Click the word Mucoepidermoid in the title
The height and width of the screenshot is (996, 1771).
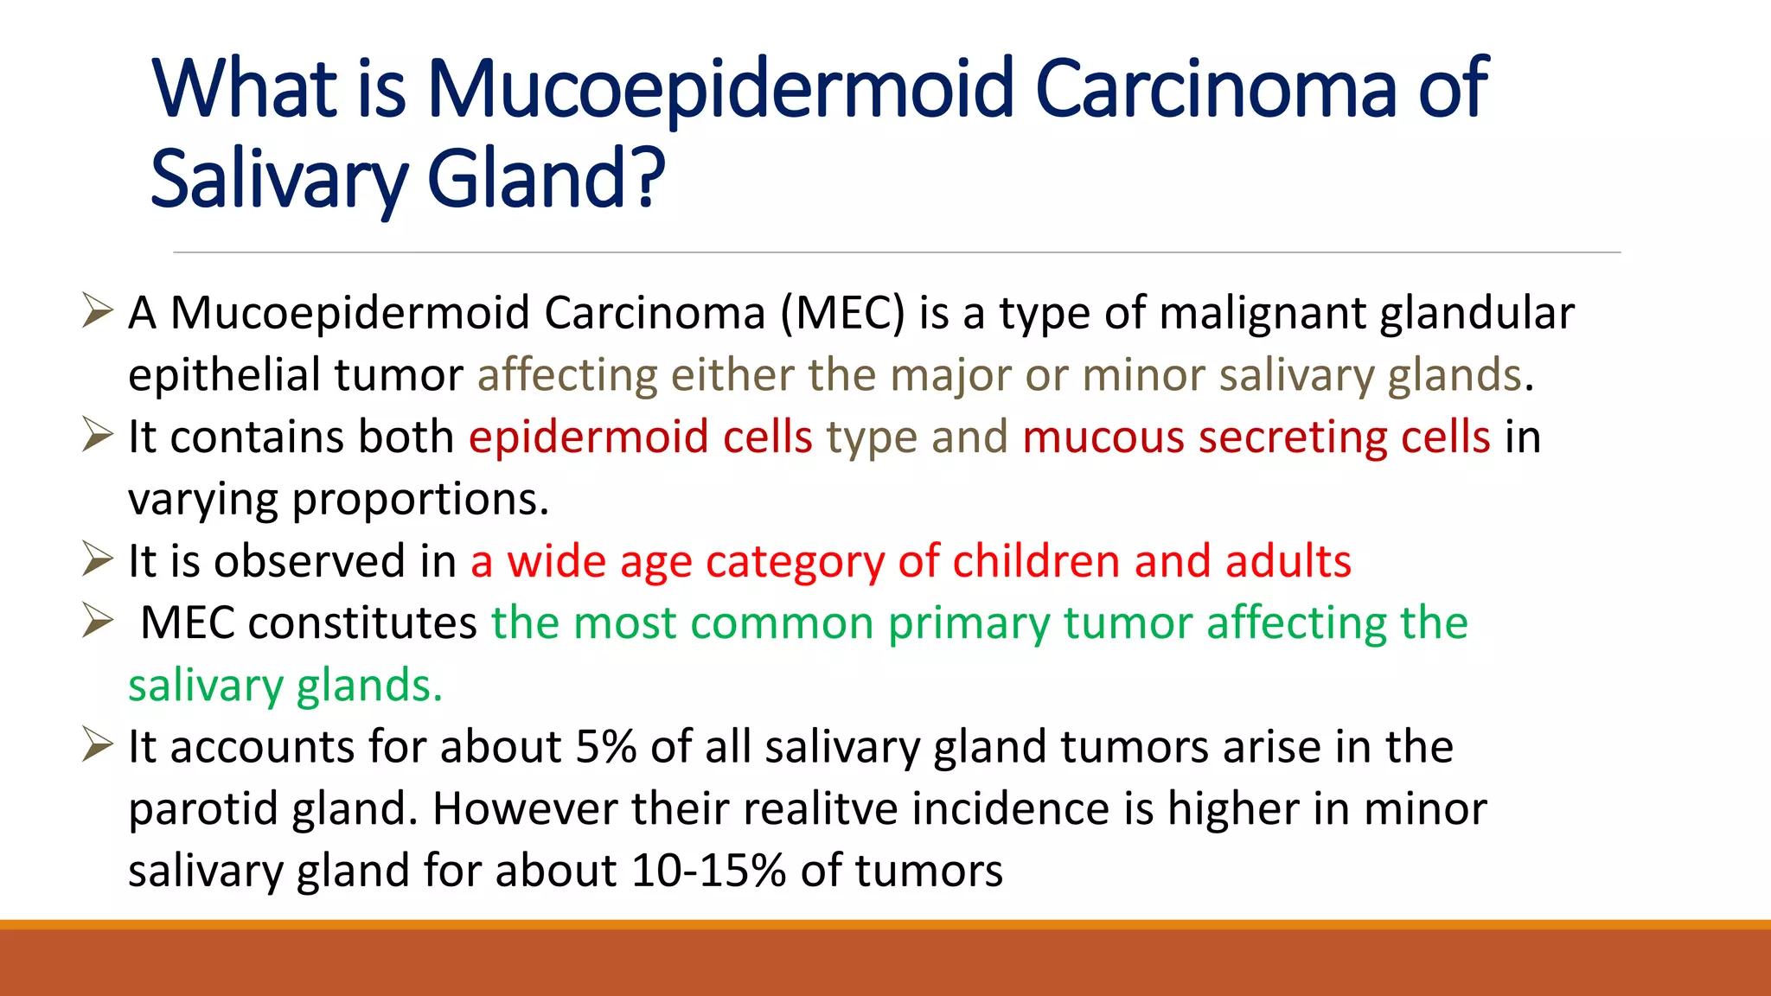(x=720, y=89)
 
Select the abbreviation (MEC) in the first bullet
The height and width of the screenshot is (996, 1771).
(x=842, y=313)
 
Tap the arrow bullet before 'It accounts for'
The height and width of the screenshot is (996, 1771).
(x=97, y=745)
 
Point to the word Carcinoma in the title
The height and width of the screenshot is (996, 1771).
(x=1216, y=89)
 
